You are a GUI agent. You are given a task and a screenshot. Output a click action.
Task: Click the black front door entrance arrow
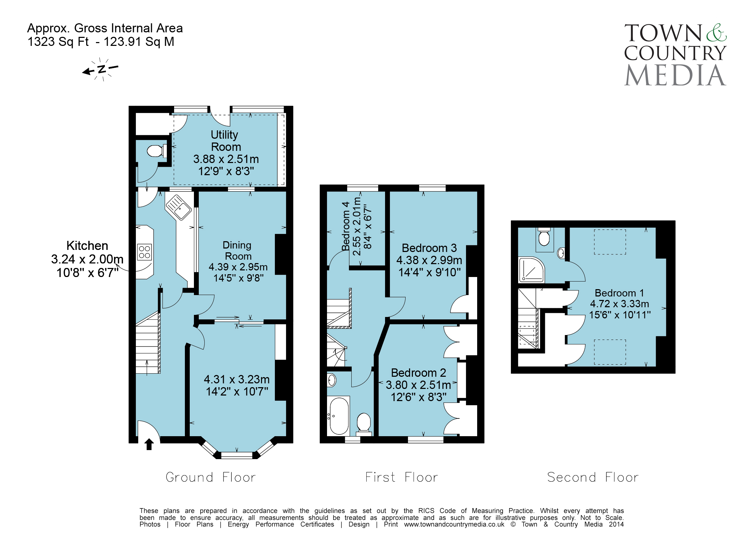tap(149, 444)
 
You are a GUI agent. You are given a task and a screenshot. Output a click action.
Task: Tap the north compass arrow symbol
tap(100, 69)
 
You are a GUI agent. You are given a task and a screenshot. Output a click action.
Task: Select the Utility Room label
tap(226, 141)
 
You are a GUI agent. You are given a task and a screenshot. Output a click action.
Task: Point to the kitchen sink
tap(178, 207)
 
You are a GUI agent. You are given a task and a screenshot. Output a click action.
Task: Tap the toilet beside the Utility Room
tap(156, 151)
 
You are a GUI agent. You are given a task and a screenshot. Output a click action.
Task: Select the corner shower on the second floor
tap(531, 270)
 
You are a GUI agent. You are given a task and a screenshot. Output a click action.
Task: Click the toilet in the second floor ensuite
tap(544, 237)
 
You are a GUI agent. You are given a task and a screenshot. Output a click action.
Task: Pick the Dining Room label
tap(238, 251)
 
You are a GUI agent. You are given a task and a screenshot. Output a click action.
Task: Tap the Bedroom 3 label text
tap(429, 248)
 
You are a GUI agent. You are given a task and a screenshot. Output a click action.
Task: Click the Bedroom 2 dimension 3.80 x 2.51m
tap(418, 385)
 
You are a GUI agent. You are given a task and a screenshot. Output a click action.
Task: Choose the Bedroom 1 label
tap(619, 293)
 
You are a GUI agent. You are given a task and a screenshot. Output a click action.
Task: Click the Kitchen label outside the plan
tap(87, 245)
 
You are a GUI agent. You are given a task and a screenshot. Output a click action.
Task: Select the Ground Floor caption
tap(211, 477)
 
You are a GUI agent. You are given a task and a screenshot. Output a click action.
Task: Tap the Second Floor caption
tap(593, 477)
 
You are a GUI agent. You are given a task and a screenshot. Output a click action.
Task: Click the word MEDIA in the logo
tap(675, 75)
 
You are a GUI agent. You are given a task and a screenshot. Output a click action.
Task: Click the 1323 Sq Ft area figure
tap(58, 42)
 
